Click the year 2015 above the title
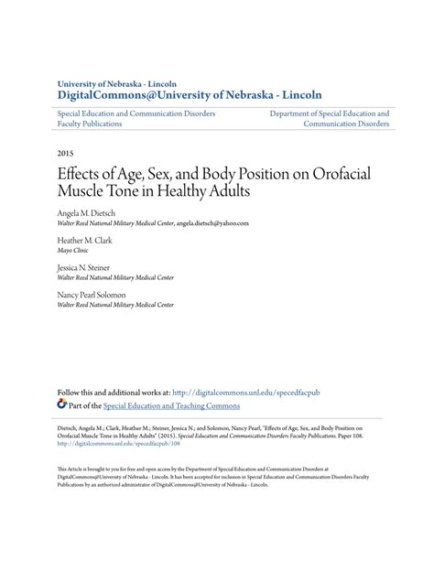(x=66, y=155)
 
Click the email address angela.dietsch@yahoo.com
(x=212, y=222)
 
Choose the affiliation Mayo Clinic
(x=76, y=250)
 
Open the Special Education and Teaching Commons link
(x=171, y=405)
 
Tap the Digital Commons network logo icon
(x=61, y=405)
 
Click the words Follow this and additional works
(x=121, y=392)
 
